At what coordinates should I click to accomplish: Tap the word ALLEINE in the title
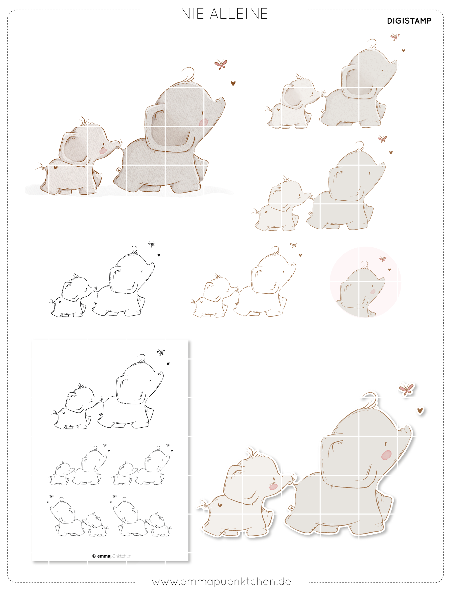[x=239, y=14]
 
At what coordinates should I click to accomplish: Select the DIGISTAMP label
[x=409, y=21]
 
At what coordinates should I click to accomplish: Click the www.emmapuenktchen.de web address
[x=221, y=582]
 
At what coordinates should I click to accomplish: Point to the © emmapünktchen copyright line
[x=112, y=556]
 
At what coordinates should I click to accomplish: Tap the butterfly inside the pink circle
[x=382, y=259]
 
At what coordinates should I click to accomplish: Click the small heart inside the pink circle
[x=389, y=270]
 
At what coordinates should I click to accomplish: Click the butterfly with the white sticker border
[x=406, y=389]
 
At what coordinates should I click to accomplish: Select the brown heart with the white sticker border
[x=420, y=411]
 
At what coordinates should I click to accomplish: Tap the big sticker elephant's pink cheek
[x=386, y=455]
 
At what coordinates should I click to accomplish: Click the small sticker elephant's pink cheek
[x=273, y=487]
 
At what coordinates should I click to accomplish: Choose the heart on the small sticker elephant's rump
[x=220, y=505]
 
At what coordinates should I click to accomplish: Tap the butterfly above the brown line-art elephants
[x=293, y=245]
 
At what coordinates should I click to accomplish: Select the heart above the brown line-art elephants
[x=300, y=255]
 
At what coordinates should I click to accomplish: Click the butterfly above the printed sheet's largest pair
[x=161, y=352]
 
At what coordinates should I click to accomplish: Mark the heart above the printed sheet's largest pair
[x=168, y=364]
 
